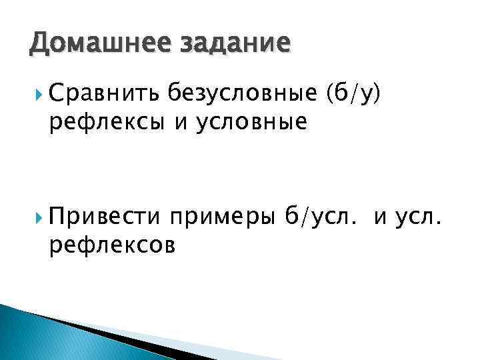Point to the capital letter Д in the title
(39, 43)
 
